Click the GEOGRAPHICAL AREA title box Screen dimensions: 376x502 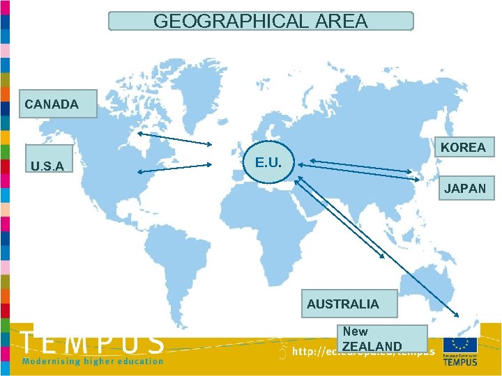click(261, 21)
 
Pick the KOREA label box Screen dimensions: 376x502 click(463, 148)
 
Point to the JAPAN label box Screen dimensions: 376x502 click(463, 188)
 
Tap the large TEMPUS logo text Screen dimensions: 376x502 click(93, 343)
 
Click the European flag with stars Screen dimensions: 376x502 click(459, 345)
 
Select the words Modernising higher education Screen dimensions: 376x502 click(93, 361)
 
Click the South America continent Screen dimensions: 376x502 click(174, 265)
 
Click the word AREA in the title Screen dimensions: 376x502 click(341, 21)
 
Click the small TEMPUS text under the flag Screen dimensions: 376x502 click(460, 362)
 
